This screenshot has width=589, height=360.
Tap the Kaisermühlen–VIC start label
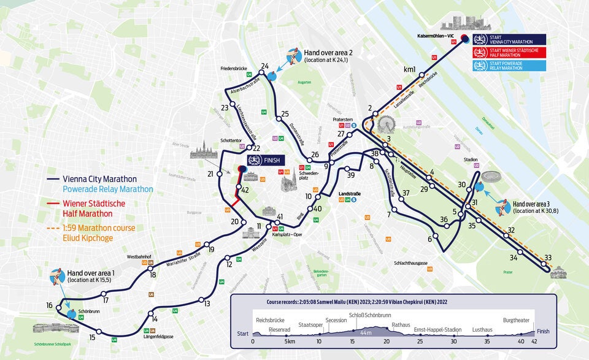coord(435,36)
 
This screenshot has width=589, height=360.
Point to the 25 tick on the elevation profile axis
coord(420,341)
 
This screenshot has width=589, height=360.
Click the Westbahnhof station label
coord(139,256)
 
